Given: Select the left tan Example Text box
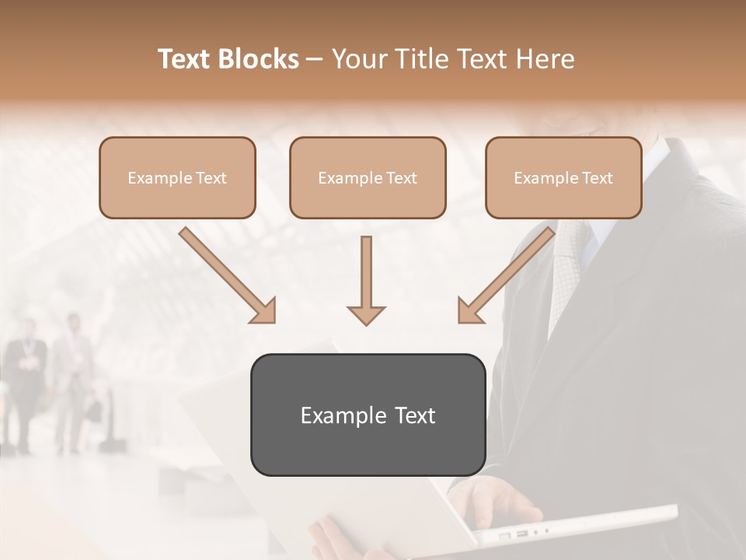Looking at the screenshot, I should [x=177, y=177].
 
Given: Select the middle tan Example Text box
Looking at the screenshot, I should [x=368, y=177].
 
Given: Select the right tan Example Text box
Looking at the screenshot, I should [x=563, y=177].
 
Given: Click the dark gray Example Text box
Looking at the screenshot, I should [x=368, y=415].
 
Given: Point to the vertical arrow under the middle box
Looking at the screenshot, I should [x=366, y=280].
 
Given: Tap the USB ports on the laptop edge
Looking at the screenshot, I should [x=513, y=535].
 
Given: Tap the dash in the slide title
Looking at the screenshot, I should [x=315, y=59].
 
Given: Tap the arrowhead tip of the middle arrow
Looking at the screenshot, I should [x=366, y=323].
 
